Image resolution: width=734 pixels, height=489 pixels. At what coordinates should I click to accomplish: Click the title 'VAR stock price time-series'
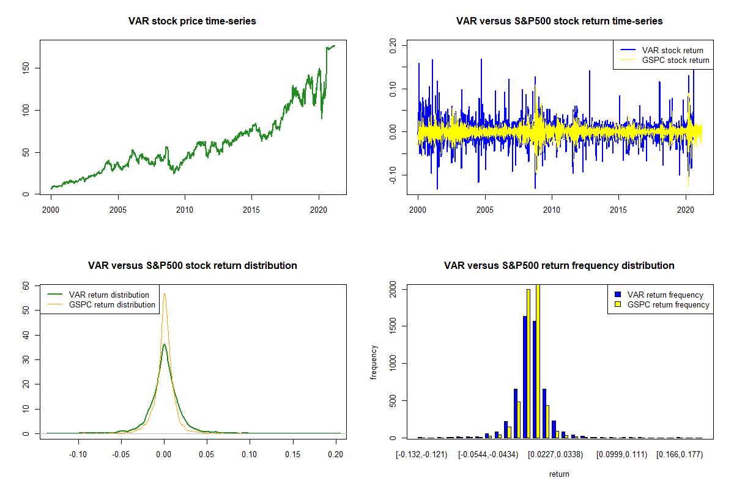[192, 21]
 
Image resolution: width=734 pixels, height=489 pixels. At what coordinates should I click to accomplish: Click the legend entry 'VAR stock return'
[672, 50]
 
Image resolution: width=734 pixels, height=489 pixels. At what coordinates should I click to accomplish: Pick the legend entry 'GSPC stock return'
[675, 60]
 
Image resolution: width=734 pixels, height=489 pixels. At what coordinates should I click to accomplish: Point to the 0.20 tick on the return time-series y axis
[393, 44]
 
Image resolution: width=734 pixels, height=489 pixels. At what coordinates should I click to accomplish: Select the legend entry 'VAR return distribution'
[109, 295]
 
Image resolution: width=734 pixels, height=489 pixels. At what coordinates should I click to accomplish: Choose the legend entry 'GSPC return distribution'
[112, 304]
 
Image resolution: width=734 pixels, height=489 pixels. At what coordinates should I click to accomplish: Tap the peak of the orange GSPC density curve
[164, 293]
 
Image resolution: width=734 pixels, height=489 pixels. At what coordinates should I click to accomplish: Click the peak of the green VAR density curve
[164, 345]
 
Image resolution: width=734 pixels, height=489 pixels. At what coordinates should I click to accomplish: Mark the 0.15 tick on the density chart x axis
[293, 455]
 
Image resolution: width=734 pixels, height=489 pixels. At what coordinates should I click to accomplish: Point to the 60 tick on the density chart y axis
[26, 285]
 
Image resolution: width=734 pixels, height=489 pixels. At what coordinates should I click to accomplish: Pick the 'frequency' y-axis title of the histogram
[374, 362]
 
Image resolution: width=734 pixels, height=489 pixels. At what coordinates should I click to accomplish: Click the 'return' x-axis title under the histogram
[559, 474]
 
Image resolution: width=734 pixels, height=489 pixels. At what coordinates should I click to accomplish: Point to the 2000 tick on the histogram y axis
[393, 292]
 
